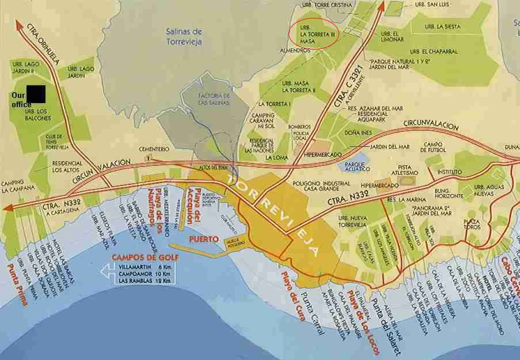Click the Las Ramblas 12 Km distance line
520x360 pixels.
pyautogui.click(x=139, y=281)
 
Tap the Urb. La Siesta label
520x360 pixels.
pyautogui.click(x=442, y=26)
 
